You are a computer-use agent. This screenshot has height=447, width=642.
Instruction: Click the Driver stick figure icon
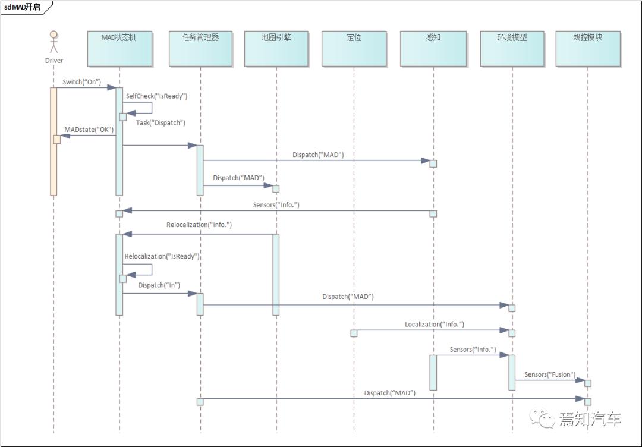coord(53,42)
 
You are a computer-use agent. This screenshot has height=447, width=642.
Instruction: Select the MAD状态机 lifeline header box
coord(119,48)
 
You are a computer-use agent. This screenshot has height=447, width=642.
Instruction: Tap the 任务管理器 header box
coord(201,48)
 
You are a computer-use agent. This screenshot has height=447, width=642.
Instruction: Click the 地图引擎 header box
coord(276,48)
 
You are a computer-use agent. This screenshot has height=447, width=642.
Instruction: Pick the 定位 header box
coord(354,48)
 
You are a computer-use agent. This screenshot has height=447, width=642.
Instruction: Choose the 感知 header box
coord(433,48)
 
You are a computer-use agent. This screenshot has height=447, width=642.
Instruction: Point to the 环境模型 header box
coord(512,48)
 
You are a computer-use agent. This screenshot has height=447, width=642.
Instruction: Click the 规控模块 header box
coord(588,48)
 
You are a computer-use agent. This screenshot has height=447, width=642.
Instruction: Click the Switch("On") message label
coord(81,82)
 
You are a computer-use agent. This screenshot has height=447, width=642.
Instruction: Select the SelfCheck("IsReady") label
coord(156,96)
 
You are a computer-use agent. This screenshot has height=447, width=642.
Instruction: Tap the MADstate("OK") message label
coord(89,130)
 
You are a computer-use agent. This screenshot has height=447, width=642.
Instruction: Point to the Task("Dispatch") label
coord(160,123)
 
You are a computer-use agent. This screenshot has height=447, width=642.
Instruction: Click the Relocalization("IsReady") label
coord(162,256)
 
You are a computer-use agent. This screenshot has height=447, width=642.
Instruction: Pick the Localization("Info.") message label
coord(435,324)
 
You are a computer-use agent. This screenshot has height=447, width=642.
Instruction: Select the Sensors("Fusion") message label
coord(550,374)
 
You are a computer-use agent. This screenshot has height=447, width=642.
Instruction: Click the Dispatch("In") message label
coord(159,285)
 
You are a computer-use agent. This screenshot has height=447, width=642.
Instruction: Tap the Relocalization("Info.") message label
coord(199,225)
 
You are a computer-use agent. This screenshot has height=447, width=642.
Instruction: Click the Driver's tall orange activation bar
coord(53,141)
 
